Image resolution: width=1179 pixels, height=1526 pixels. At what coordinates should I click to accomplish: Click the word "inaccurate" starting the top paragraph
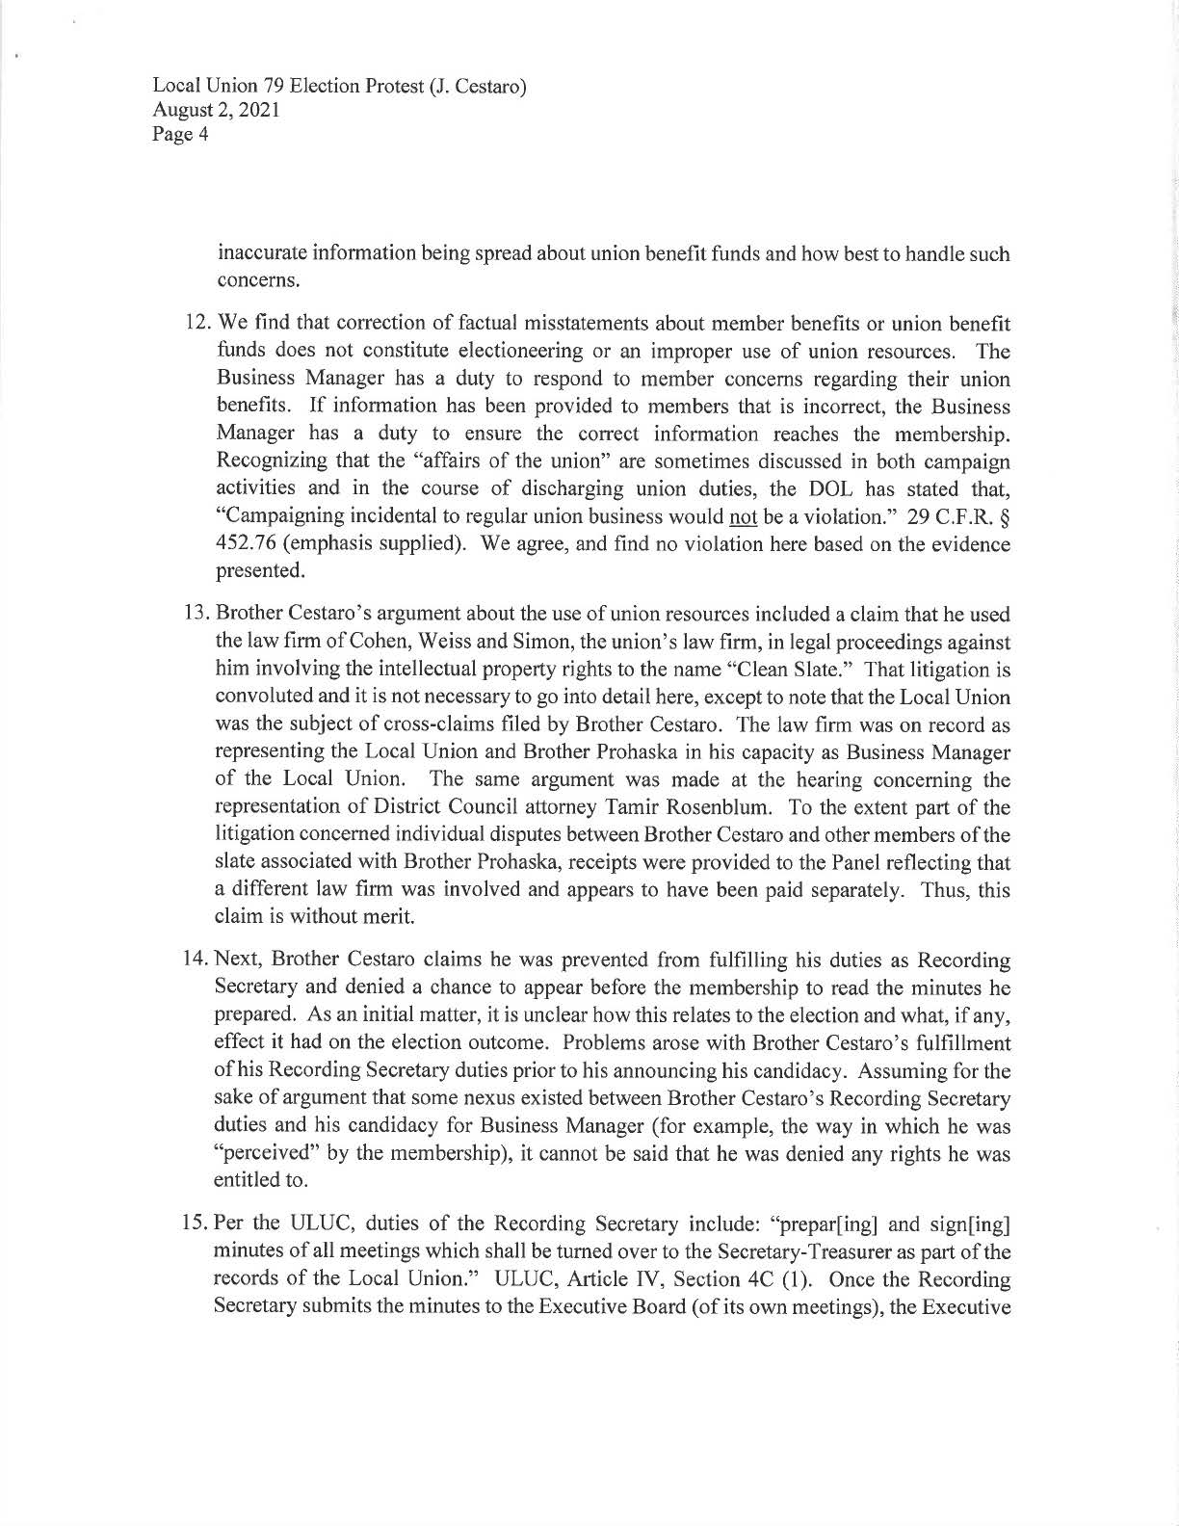[x=259, y=255]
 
